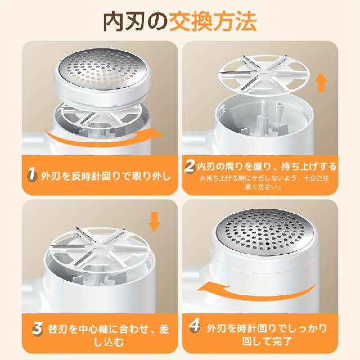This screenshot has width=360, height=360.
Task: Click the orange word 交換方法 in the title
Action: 213,21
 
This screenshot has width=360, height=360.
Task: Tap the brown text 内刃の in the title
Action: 136,21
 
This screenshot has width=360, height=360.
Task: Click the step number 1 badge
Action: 32,175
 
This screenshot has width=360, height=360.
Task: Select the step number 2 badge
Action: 190,166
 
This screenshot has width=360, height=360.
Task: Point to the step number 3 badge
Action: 38,328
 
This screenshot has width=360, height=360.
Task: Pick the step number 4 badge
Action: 194,326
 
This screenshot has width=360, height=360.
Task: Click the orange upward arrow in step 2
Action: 321,84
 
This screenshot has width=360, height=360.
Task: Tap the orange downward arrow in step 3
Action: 154,222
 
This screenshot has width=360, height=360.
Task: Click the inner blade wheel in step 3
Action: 98,246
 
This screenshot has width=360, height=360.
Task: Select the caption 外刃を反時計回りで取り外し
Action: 106,176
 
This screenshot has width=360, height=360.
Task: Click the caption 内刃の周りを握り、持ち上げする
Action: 267,166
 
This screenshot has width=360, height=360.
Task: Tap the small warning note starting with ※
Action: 264,182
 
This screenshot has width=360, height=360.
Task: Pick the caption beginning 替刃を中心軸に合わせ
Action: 109,335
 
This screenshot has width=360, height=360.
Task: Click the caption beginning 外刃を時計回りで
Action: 267,334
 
